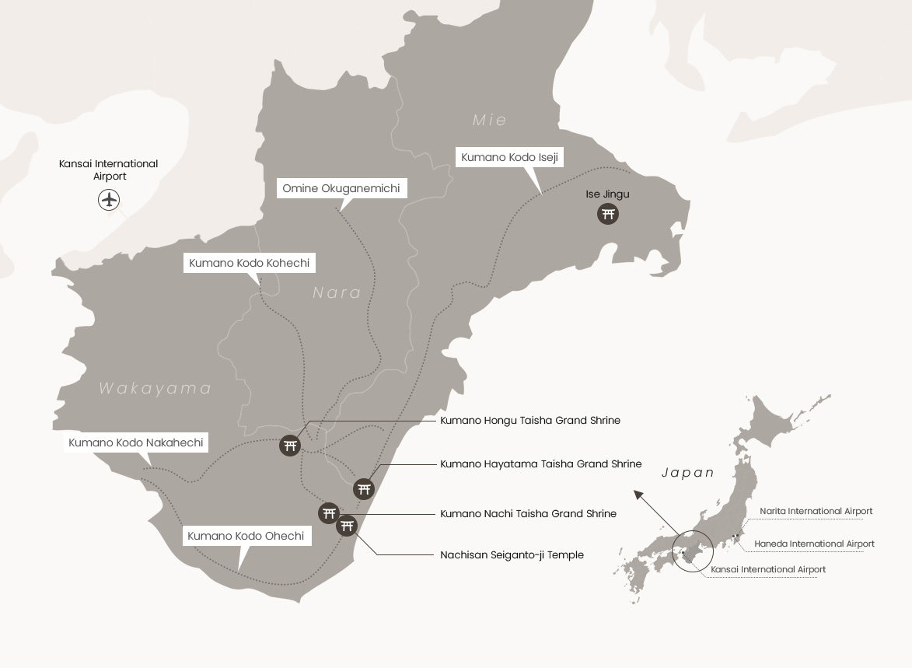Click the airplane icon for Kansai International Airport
click(x=110, y=200)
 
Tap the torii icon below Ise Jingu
click(x=608, y=213)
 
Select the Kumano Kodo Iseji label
click(x=509, y=157)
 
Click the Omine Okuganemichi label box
click(x=341, y=189)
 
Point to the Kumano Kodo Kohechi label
click(x=250, y=264)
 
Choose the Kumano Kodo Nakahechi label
click(x=136, y=443)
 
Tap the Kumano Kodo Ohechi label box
click(x=246, y=536)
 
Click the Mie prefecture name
click(x=490, y=120)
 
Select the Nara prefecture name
click(x=337, y=292)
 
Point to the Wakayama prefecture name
click(x=155, y=388)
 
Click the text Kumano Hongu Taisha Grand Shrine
click(x=530, y=421)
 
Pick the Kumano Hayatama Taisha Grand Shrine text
click(x=541, y=464)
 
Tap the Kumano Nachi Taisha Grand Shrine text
click(x=528, y=514)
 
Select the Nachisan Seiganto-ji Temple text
click(x=512, y=555)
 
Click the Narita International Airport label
click(x=816, y=512)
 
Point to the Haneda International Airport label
click(x=814, y=544)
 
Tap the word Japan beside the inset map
click(x=687, y=473)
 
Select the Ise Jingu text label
click(x=608, y=194)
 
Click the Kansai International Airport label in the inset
click(x=768, y=570)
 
